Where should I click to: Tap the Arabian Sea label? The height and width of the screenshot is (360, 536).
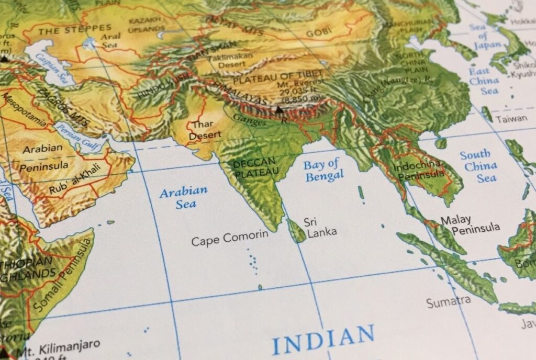(184, 197)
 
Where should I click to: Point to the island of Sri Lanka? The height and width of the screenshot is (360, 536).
(297, 231)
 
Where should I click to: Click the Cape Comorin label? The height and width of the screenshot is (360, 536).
(229, 239)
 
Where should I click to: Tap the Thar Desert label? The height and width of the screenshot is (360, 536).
(201, 130)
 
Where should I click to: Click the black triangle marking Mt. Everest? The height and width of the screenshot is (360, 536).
(279, 110)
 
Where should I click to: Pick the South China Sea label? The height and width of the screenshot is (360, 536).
(478, 166)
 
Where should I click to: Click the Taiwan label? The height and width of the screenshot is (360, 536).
(511, 119)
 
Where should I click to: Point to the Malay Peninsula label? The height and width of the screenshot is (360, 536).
(469, 224)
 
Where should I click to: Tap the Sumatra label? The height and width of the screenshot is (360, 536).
(448, 302)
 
